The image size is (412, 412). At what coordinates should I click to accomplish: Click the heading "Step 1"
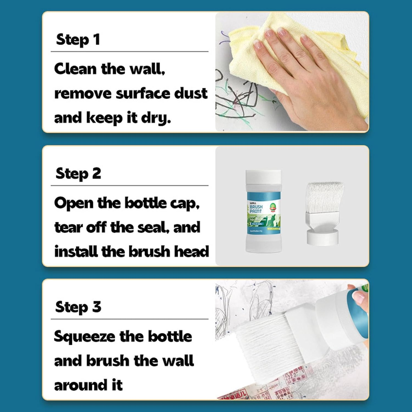(78, 40)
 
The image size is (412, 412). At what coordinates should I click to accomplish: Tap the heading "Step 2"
(78, 174)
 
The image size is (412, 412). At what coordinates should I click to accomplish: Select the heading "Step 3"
(78, 307)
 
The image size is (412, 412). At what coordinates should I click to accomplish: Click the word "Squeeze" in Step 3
(84, 337)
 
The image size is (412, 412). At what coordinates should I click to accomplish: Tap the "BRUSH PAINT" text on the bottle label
(256, 209)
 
